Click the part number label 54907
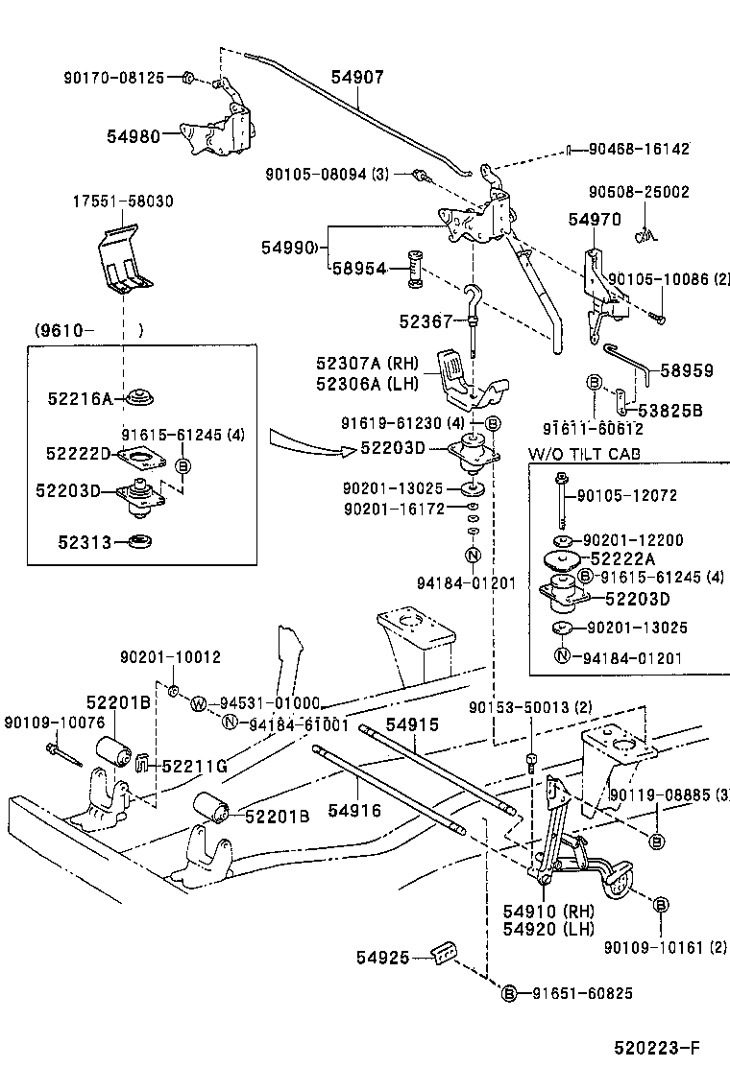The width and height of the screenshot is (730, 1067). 358,78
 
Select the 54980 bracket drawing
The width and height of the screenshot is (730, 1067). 221,130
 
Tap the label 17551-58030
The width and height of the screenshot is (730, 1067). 123,202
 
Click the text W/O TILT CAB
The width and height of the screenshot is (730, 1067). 584,454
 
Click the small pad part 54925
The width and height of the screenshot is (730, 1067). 443,956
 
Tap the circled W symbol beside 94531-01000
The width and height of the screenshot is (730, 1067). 198,703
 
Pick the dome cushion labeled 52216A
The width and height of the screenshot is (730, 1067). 144,395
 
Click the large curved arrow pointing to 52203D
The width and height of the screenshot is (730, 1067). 307,444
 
